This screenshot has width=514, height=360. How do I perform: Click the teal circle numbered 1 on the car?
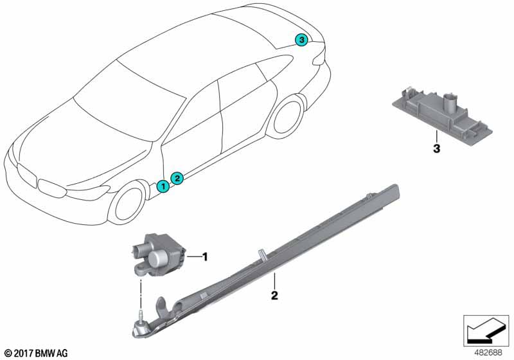pyautogui.click(x=163, y=186)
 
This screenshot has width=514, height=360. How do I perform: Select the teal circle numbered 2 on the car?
pyautogui.click(x=177, y=178)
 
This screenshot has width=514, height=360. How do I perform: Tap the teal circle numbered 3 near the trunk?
pyautogui.click(x=301, y=40)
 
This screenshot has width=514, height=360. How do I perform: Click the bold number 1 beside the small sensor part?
pyautogui.click(x=205, y=256)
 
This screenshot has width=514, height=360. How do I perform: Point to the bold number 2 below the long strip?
pyautogui.click(x=274, y=296)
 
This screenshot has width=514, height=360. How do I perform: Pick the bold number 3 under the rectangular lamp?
pyautogui.click(x=436, y=148)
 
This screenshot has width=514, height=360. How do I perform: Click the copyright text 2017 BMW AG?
pyautogui.click(x=37, y=353)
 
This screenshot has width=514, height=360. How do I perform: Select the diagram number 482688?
pyautogui.click(x=488, y=353)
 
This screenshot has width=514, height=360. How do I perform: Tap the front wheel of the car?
pyautogui.click(x=127, y=203)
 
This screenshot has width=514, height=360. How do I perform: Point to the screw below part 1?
pyautogui.click(x=141, y=319)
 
